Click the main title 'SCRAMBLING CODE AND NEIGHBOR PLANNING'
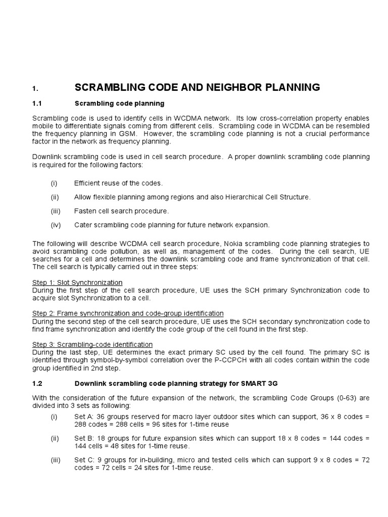click(x=197, y=87)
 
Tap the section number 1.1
click(x=36, y=104)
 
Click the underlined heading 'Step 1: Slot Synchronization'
click(x=77, y=282)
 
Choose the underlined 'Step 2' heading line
click(x=128, y=314)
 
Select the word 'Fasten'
click(x=85, y=211)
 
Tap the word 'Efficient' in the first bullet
click(x=88, y=183)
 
